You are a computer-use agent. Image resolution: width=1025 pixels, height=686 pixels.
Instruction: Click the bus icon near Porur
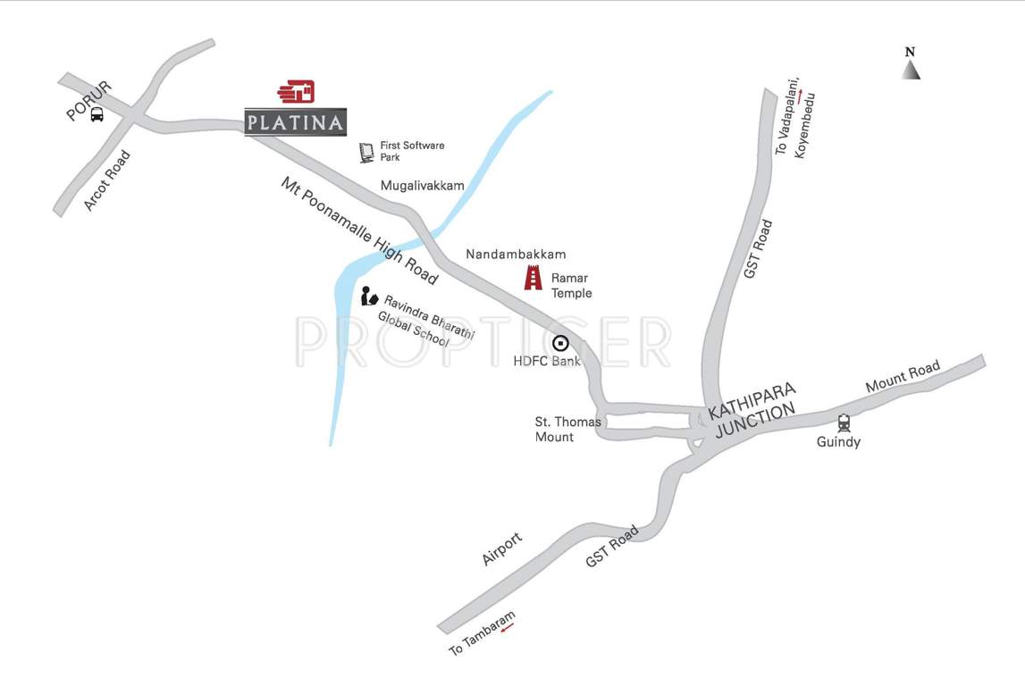pos(97,114)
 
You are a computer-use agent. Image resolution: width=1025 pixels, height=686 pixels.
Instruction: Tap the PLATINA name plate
pos(295,122)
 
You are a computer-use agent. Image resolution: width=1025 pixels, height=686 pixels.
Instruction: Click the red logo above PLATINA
pos(297,91)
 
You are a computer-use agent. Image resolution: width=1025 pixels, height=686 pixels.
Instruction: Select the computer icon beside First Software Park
pos(366,152)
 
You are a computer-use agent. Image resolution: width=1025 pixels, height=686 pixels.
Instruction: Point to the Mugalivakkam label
pos(422,186)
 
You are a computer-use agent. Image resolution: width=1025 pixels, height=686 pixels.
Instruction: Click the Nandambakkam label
pos(516,255)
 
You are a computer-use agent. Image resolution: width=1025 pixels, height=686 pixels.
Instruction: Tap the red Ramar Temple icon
pos(534,278)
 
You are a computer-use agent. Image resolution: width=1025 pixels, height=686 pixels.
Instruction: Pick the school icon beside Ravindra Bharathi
pos(369,297)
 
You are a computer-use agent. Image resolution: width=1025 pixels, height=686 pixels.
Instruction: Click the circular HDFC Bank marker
pos(560,343)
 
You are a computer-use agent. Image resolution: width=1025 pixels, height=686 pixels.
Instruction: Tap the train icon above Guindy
pos(844,423)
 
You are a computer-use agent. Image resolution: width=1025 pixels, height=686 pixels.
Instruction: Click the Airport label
pos(501,548)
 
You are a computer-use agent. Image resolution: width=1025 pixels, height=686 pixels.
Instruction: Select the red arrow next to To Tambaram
pos(508,628)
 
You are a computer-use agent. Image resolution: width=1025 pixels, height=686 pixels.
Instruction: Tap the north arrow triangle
pos(911,70)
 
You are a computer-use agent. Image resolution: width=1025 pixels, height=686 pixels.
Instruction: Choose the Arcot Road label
pos(107,180)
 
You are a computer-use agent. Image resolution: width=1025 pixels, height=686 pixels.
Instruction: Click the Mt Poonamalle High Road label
pos(359,230)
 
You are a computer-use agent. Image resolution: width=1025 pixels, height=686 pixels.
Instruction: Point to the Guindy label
pos(838,442)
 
